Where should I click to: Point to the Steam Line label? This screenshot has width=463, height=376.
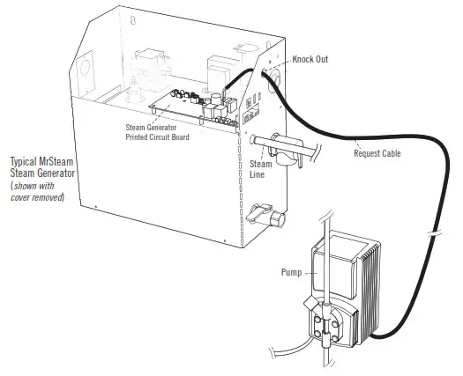pos(261,169)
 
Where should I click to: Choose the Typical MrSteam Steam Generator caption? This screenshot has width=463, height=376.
pos(40,168)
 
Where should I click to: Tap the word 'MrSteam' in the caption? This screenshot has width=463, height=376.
pos(48,163)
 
